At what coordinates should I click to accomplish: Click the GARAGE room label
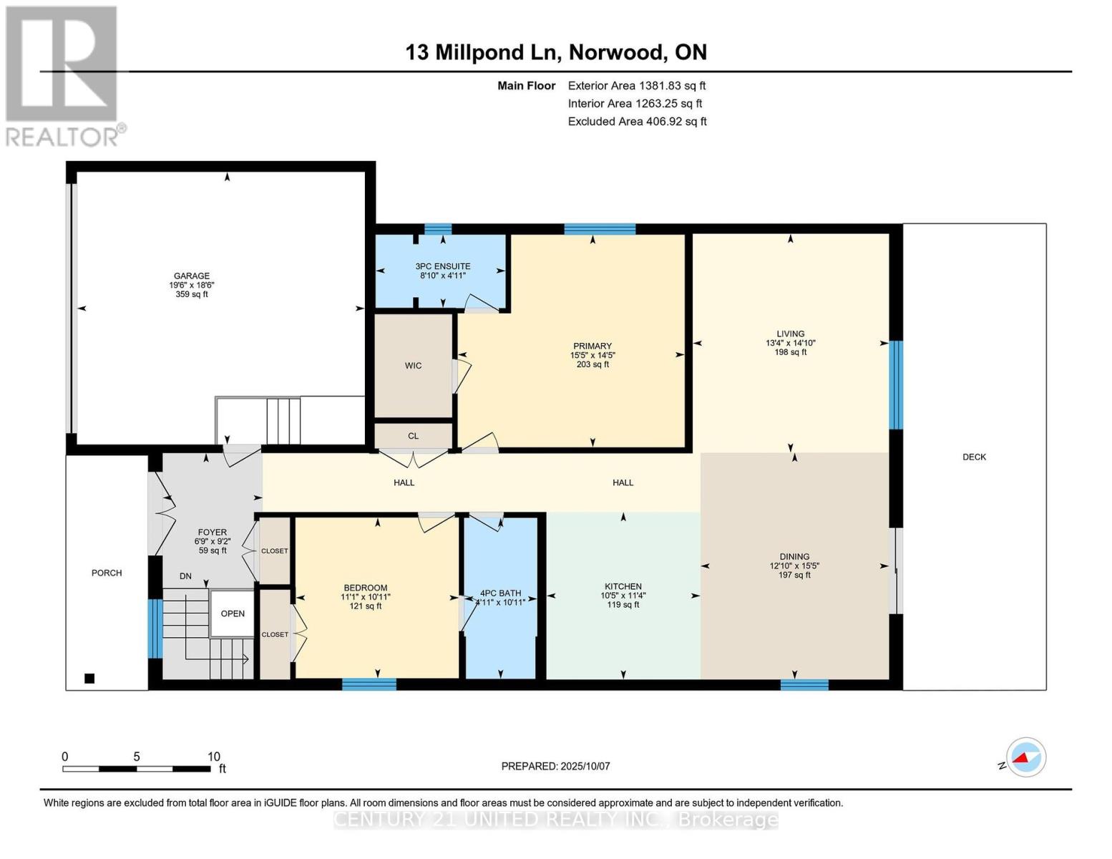(191, 276)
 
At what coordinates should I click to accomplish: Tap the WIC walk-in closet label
(413, 366)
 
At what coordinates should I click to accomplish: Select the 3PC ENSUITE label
(442, 266)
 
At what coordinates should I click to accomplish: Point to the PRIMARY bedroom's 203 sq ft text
(592, 364)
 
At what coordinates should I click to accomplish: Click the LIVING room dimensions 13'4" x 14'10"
(790, 343)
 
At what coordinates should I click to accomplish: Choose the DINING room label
(794, 556)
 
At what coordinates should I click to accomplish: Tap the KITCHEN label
(623, 586)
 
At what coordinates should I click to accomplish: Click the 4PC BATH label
(500, 593)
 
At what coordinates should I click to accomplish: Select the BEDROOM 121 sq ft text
(365, 606)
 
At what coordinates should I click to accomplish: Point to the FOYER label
(212, 533)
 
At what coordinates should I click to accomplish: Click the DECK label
(974, 457)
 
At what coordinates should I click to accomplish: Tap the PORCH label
(107, 573)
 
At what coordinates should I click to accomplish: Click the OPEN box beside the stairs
(233, 613)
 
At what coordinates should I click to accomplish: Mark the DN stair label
(185, 576)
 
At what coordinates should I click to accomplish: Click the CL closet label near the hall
(413, 436)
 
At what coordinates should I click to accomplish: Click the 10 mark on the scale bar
(213, 757)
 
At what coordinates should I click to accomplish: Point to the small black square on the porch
(89, 679)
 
